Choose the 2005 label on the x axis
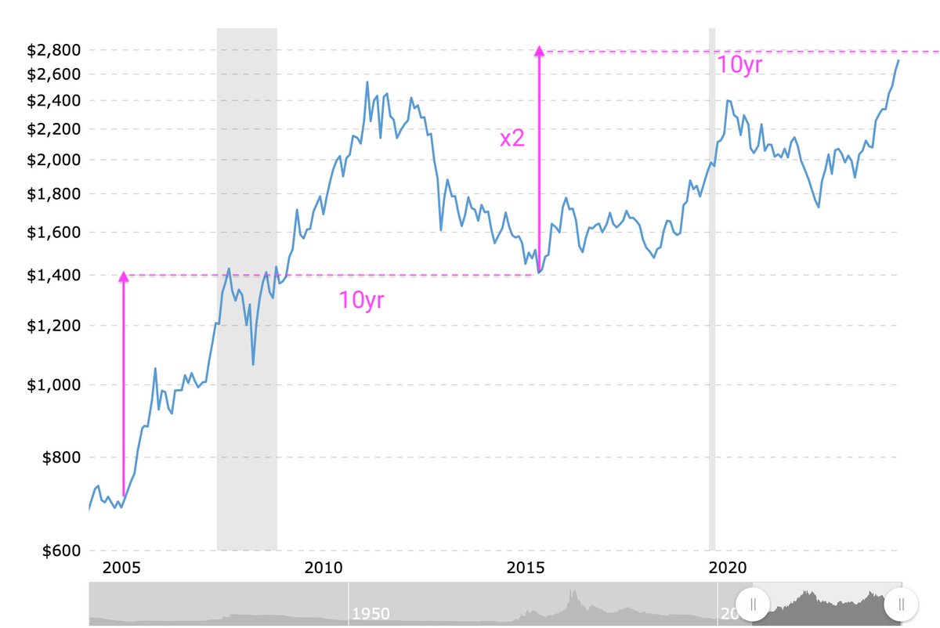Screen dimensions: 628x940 tap(121, 566)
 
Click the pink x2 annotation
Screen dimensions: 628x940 tap(512, 139)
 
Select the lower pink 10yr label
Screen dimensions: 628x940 tap(361, 300)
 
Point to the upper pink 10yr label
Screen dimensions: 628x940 tap(739, 65)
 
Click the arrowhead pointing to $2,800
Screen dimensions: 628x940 tap(539, 51)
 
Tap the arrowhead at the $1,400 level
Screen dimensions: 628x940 tap(123, 276)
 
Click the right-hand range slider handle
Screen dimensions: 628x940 tap(901, 604)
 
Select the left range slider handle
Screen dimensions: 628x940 tap(753, 604)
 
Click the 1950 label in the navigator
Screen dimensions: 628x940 tap(371, 612)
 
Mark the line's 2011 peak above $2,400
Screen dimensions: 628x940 tap(367, 82)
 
